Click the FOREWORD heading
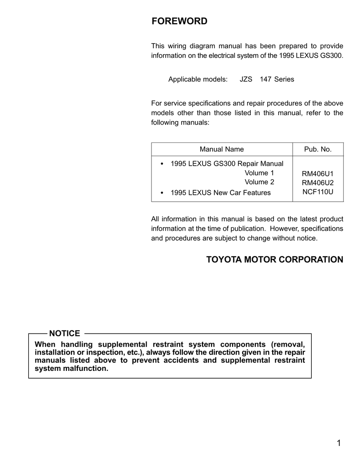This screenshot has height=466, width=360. [x=179, y=21]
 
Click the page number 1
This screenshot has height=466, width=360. [x=339, y=444]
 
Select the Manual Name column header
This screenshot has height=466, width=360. [x=222, y=149]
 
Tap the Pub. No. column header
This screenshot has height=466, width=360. [x=318, y=149]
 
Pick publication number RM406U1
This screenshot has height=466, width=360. [x=318, y=173]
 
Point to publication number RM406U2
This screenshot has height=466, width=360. [x=318, y=182]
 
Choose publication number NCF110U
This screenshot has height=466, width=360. [x=318, y=192]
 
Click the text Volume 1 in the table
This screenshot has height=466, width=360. [x=259, y=173]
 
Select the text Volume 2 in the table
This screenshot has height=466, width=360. [x=259, y=182]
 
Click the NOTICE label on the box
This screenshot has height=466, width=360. [x=64, y=334]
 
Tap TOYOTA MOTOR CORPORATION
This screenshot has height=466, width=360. [x=275, y=260]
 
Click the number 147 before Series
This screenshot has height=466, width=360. [x=265, y=79]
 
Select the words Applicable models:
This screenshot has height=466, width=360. [x=198, y=79]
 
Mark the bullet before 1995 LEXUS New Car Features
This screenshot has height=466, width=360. [x=162, y=193]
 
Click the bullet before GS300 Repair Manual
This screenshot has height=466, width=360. [x=162, y=164]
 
